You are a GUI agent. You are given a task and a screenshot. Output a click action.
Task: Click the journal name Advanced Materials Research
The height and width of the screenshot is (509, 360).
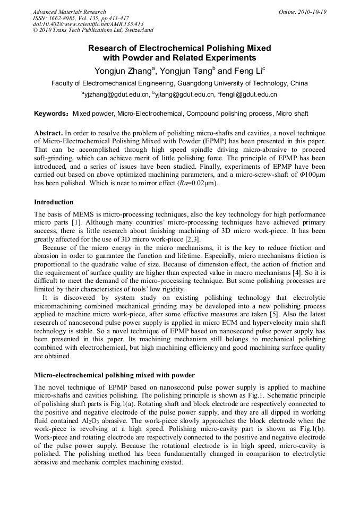[x=70, y=12]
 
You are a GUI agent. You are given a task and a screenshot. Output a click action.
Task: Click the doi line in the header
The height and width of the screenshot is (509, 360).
[x=88, y=24]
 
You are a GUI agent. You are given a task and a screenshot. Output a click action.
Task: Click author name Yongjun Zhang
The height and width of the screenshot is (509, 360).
[x=124, y=71]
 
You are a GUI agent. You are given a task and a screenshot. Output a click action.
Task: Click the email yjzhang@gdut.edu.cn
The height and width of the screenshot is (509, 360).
[x=115, y=95]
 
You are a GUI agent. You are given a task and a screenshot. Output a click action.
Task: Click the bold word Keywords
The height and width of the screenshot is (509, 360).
[x=50, y=114]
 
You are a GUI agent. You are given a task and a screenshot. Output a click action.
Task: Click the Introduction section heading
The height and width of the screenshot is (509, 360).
[x=54, y=202]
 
